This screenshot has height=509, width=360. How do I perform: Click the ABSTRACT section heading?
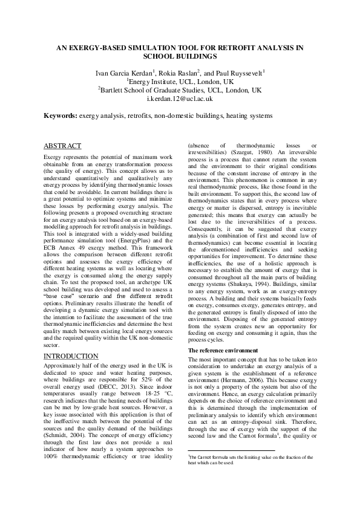pyautogui.click(x=63, y=146)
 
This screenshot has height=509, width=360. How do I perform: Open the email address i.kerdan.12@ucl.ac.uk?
pyautogui.click(x=180, y=98)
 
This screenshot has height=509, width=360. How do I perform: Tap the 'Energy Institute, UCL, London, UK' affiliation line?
pyautogui.click(x=180, y=81)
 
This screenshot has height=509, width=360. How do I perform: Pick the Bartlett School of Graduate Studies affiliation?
pyautogui.click(x=180, y=89)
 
